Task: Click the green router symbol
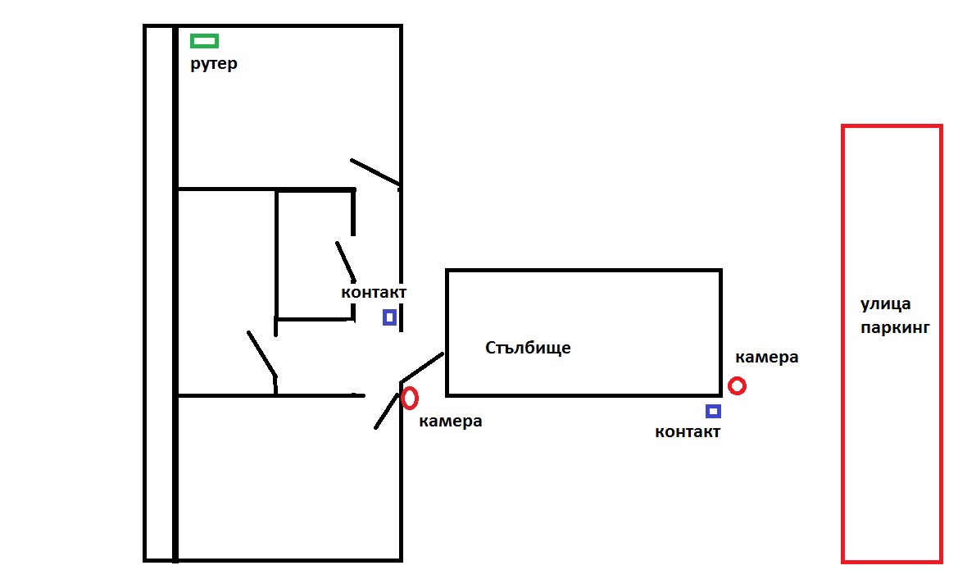tap(204, 40)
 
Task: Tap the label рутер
tap(214, 63)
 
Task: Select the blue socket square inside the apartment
tap(389, 317)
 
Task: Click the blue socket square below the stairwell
tap(713, 411)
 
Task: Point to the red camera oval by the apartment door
tap(410, 398)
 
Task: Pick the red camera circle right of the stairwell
tap(737, 385)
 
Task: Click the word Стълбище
tap(528, 348)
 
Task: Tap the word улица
tap(885, 304)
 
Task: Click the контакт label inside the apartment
tap(374, 292)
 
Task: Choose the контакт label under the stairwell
tap(688, 431)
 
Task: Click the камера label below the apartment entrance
tap(450, 422)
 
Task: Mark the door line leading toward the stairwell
tap(422, 367)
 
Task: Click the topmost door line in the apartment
tap(375, 172)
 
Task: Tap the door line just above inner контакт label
tap(345, 260)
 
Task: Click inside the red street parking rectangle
tap(892, 451)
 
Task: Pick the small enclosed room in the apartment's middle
tap(315, 254)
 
